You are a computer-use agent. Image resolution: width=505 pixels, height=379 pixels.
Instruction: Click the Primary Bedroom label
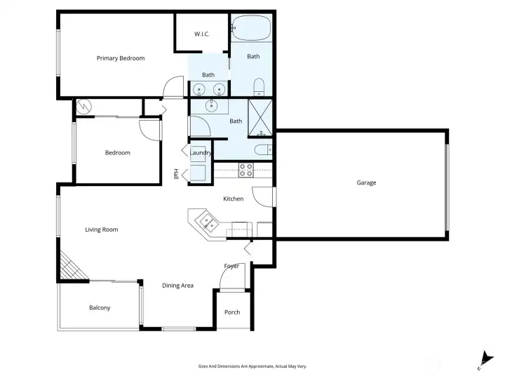coord(121,58)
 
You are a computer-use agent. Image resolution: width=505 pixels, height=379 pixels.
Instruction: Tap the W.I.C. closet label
coord(201,34)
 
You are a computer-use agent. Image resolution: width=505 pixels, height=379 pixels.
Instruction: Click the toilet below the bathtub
coord(258,87)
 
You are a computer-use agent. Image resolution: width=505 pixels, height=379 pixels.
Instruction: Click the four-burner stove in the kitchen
coord(246,169)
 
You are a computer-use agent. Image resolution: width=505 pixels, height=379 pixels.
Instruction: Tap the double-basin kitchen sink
coord(208,223)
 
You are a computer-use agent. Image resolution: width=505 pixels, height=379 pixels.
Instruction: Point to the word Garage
coord(366,182)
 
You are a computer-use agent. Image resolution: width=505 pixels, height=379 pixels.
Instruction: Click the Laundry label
coord(201,153)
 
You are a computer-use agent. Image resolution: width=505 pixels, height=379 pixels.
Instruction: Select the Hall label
coord(176,173)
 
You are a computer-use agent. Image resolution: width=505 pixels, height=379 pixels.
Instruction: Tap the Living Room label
coord(101,230)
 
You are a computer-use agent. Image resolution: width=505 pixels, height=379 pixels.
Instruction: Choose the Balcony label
coord(100,307)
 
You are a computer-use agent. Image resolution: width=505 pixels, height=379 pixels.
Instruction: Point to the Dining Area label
coord(177,285)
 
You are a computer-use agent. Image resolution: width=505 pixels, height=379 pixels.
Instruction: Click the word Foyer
coord(231,266)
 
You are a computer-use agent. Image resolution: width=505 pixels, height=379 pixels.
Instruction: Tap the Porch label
coord(232,312)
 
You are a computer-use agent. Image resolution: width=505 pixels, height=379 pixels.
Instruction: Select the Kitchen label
coord(234,199)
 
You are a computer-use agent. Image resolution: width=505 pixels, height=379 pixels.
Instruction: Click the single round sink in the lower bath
coord(212,106)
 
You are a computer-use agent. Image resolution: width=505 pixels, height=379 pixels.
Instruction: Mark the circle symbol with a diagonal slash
coord(84,106)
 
